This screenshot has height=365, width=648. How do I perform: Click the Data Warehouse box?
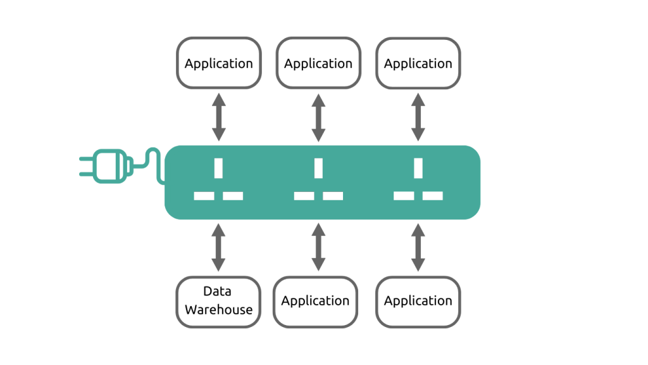click(218, 302)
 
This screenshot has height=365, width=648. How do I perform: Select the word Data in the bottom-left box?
click(217, 291)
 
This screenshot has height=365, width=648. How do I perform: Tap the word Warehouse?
click(218, 310)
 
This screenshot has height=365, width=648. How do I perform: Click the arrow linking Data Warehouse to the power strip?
click(218, 247)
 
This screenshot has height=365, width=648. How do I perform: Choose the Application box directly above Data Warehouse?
click(218, 63)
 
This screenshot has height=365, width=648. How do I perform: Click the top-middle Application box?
click(318, 63)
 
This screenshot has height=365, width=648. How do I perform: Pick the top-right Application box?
click(418, 63)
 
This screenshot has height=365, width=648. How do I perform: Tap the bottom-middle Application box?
click(315, 301)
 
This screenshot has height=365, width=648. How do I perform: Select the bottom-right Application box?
click(418, 301)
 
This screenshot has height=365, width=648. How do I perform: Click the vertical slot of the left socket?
click(218, 168)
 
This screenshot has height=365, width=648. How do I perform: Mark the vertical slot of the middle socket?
click(318, 168)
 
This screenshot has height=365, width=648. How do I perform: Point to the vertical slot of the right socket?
click(418, 168)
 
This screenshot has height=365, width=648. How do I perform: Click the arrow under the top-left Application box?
click(218, 117)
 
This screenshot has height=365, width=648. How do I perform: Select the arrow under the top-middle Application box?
click(318, 117)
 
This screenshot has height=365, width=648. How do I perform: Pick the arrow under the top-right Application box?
click(418, 117)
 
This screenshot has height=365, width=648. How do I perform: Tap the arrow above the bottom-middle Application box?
click(318, 247)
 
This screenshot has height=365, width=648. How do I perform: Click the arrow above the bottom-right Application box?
click(418, 247)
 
